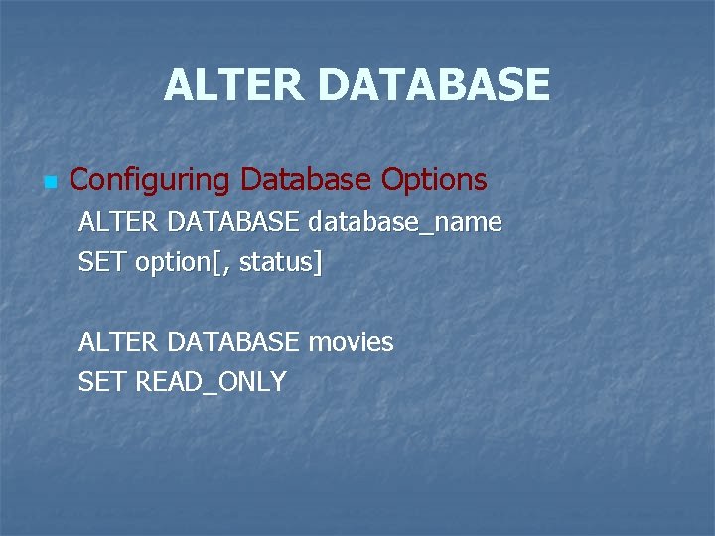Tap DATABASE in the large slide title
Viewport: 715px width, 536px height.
click(433, 85)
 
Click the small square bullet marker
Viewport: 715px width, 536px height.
click(51, 182)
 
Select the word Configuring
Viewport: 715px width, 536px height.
click(150, 180)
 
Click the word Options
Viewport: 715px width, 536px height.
click(434, 180)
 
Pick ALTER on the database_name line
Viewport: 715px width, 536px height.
click(117, 223)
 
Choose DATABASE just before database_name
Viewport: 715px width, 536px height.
click(232, 223)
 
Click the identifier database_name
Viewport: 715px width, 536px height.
click(405, 223)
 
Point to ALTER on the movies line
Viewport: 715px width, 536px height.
click(117, 342)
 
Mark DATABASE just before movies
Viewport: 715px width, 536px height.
click(232, 342)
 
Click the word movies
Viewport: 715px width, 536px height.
click(351, 343)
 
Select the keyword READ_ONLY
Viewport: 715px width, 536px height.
click(210, 383)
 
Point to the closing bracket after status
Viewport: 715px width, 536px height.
click(318, 264)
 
